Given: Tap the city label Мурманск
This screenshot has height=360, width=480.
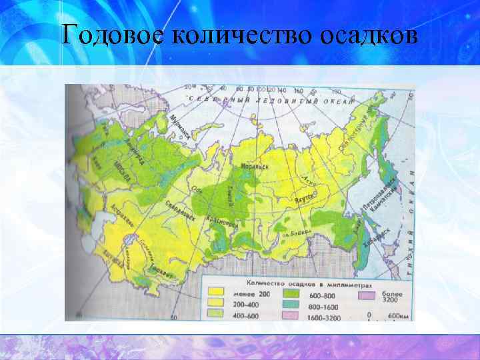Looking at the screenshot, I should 180,126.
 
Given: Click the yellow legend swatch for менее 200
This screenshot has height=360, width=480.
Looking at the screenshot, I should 215,293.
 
